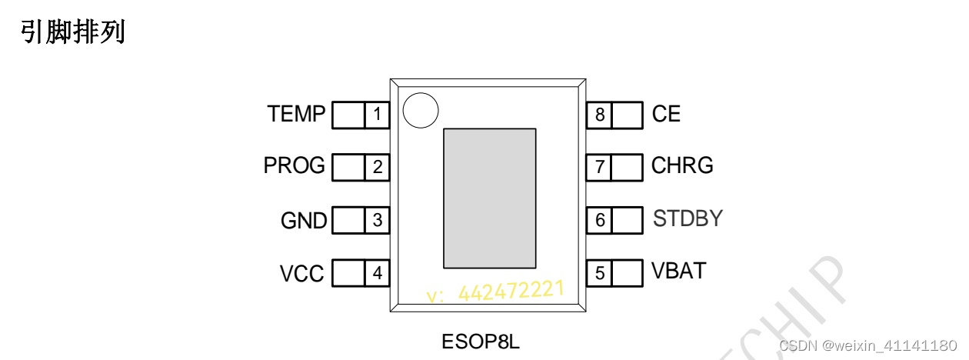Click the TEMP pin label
click(x=296, y=115)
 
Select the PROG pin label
click(x=294, y=166)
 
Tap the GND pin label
click(x=304, y=221)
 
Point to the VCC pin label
click(x=302, y=273)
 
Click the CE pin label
click(x=666, y=115)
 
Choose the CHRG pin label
click(x=682, y=165)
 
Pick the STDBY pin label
click(x=688, y=218)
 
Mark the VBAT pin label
click(x=678, y=271)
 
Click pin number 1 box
click(x=377, y=115)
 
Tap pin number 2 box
click(x=377, y=167)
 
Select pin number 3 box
click(x=377, y=220)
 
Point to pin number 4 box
click(x=377, y=272)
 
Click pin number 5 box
click(x=600, y=272)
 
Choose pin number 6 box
click(x=600, y=220)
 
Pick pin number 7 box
click(x=600, y=167)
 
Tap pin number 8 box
click(x=600, y=115)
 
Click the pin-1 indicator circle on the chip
click(x=421, y=110)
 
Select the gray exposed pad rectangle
click(x=489, y=198)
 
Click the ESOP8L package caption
click(x=481, y=341)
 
